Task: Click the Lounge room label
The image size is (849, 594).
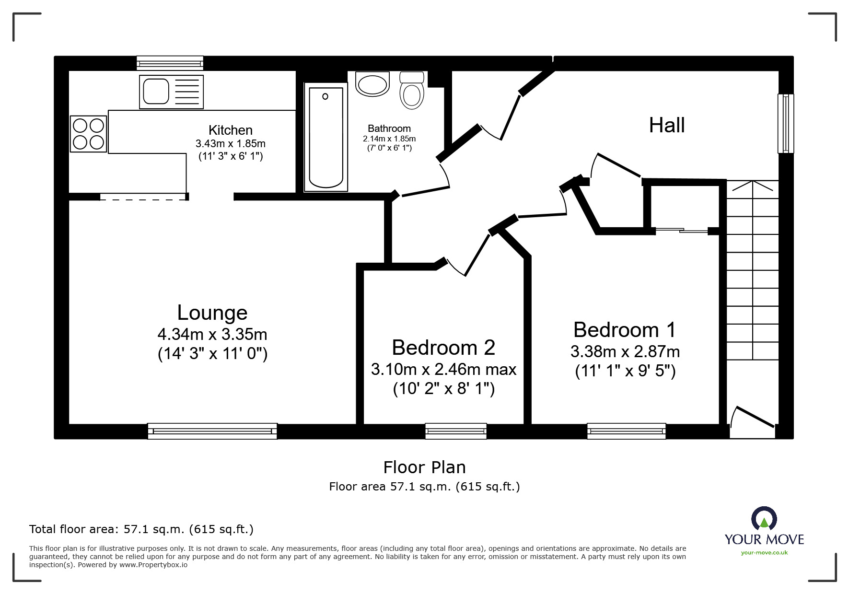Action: pos(212,313)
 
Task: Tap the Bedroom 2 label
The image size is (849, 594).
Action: pos(443,348)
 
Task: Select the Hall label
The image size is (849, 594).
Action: pos(666,125)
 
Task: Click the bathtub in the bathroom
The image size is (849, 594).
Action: pos(326,137)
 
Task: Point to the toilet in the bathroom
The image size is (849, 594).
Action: pos(412,91)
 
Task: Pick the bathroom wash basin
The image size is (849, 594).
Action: pos(372,84)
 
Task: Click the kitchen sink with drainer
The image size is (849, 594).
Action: pos(171,92)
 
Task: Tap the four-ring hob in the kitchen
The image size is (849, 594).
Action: pos(89,134)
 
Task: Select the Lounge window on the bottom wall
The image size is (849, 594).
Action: pos(212,431)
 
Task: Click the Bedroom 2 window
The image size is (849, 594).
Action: pos(456,431)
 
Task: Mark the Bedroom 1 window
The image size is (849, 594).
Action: pos(627,431)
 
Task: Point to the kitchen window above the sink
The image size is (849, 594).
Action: pos(170,63)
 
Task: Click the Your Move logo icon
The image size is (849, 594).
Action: pos(764,519)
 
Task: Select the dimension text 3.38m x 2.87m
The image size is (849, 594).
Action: pos(625,351)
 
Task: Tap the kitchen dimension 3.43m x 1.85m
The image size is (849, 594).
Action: pos(230,143)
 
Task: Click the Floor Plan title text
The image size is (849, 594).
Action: pos(424,467)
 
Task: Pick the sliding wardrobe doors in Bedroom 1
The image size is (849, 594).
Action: pos(681,231)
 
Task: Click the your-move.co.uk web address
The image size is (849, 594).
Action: pos(764,553)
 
